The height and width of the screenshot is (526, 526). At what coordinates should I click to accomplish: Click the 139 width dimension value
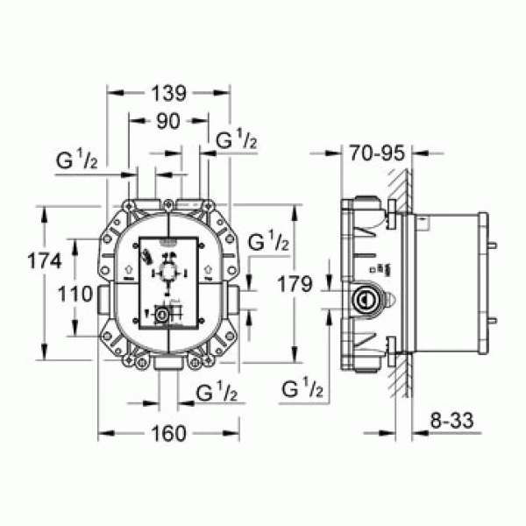(168, 90)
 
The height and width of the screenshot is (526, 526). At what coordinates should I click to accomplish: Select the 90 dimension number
(168, 123)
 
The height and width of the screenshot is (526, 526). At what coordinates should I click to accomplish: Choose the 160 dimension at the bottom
(168, 433)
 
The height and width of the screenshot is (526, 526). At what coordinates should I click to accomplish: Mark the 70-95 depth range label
(374, 153)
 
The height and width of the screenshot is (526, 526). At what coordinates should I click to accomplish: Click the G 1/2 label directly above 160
(215, 392)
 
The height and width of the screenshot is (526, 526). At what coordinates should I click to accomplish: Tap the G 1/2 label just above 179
(268, 243)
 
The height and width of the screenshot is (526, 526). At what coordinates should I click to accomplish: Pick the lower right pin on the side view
(495, 319)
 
